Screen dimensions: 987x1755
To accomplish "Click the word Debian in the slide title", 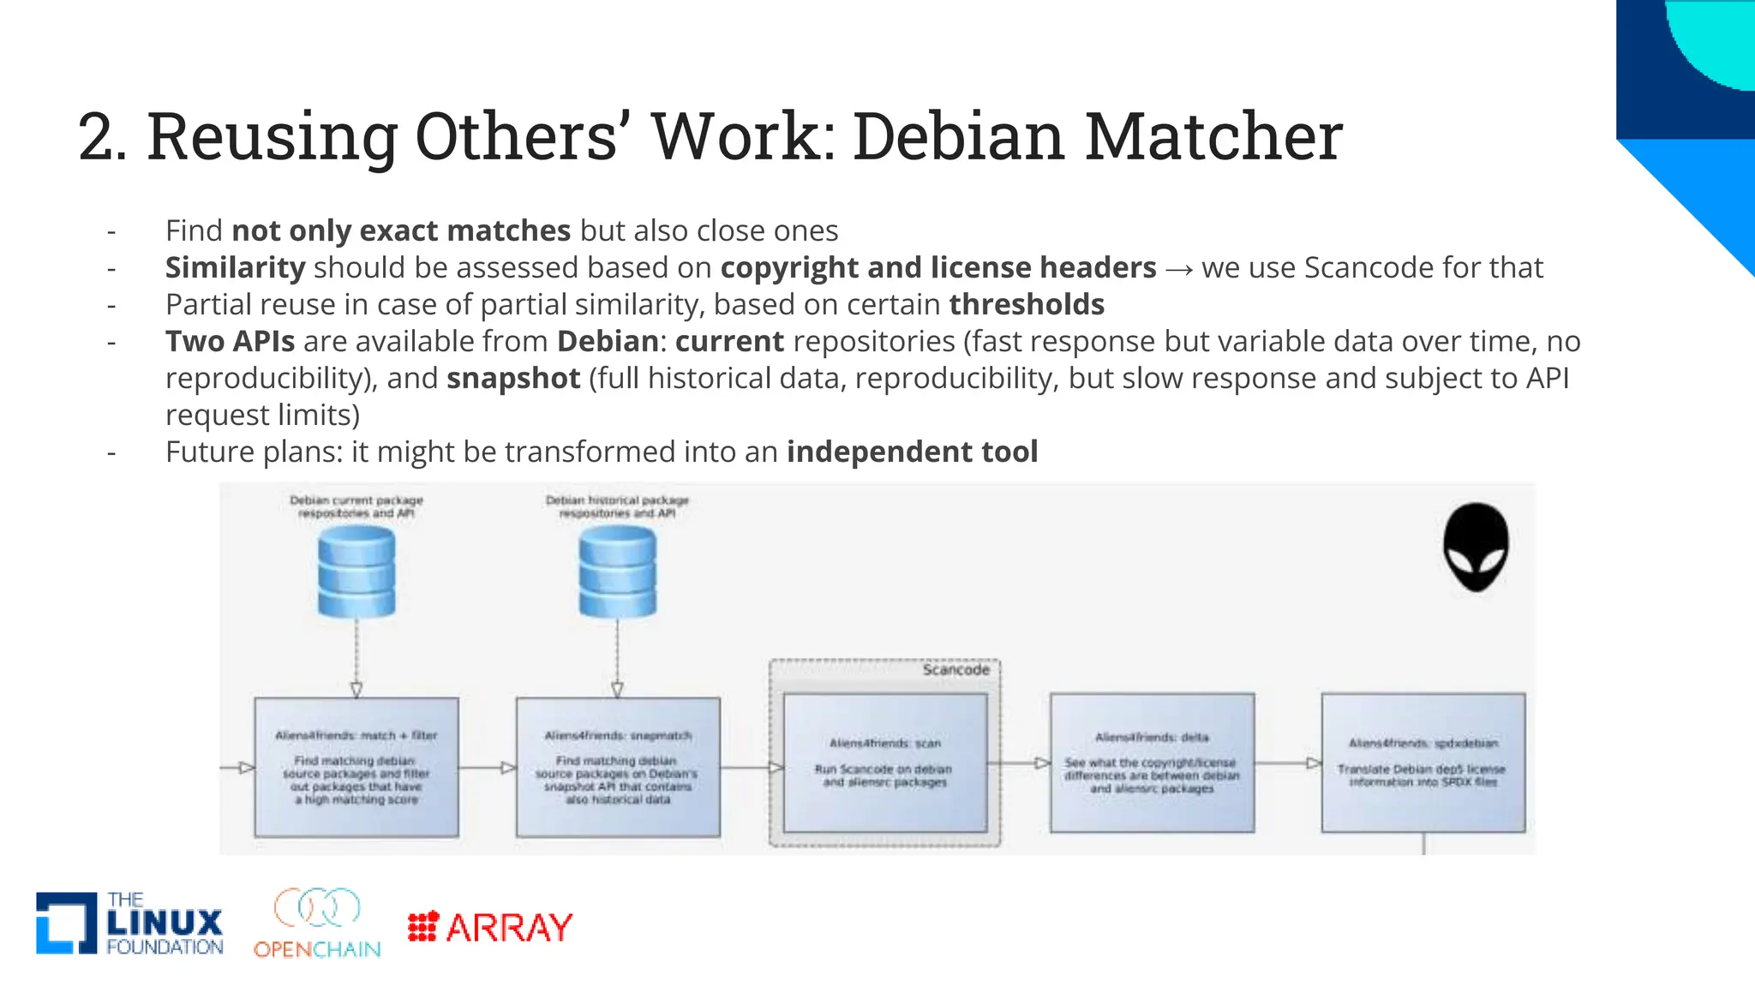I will [x=958, y=136].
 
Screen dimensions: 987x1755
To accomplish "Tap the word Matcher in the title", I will [x=1213, y=136].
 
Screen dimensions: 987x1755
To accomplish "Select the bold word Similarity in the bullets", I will [x=235, y=267].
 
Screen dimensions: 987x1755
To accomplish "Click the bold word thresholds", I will [x=1027, y=304].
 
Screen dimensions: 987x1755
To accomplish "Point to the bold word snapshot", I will [x=513, y=378].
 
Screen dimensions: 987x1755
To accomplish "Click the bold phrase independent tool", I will [x=912, y=452].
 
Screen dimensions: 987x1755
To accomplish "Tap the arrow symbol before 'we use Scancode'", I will [x=1178, y=269].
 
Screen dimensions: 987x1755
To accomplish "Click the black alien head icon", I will [x=1475, y=547].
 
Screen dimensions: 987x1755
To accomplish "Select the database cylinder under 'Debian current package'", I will [x=356, y=571].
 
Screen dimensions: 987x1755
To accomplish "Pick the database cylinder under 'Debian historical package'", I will [x=617, y=571].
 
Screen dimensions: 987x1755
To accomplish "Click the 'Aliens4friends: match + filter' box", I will [x=356, y=767].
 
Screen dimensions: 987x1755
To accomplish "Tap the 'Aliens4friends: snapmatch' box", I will [x=618, y=767].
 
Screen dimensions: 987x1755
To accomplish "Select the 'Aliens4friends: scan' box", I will [x=884, y=763].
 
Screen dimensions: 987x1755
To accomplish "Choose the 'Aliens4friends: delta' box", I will [x=1152, y=763].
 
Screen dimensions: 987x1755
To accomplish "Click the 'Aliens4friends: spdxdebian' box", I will [x=1423, y=763].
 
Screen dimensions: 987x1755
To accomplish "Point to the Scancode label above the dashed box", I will [x=955, y=670].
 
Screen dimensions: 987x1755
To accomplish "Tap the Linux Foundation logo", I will [x=129, y=924].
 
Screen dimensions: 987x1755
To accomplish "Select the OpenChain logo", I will [x=317, y=924].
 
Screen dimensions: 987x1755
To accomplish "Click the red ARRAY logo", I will [x=490, y=927].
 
